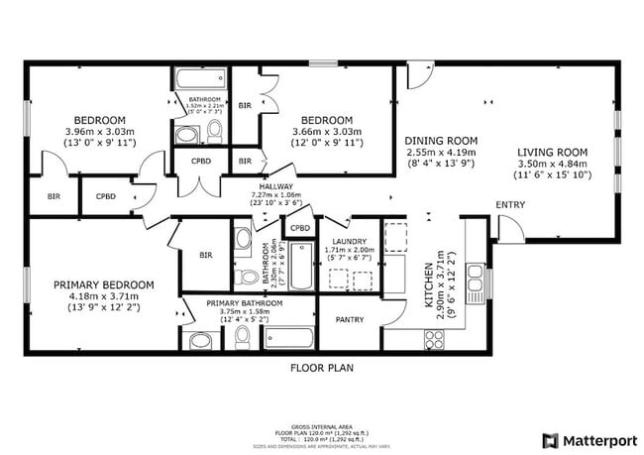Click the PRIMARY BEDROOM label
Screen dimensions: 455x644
(x=104, y=285)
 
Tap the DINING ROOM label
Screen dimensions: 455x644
(x=442, y=140)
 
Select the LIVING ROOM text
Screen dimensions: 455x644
(x=553, y=152)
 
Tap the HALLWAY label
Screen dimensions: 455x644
(x=274, y=184)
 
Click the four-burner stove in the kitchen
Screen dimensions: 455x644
(x=433, y=338)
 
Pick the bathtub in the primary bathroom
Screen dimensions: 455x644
(x=288, y=338)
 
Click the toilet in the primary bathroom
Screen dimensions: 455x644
(x=242, y=338)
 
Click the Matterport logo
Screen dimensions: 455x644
(x=587, y=439)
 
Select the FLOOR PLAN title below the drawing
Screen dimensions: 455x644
(x=321, y=368)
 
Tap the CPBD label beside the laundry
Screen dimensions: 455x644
(x=299, y=228)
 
